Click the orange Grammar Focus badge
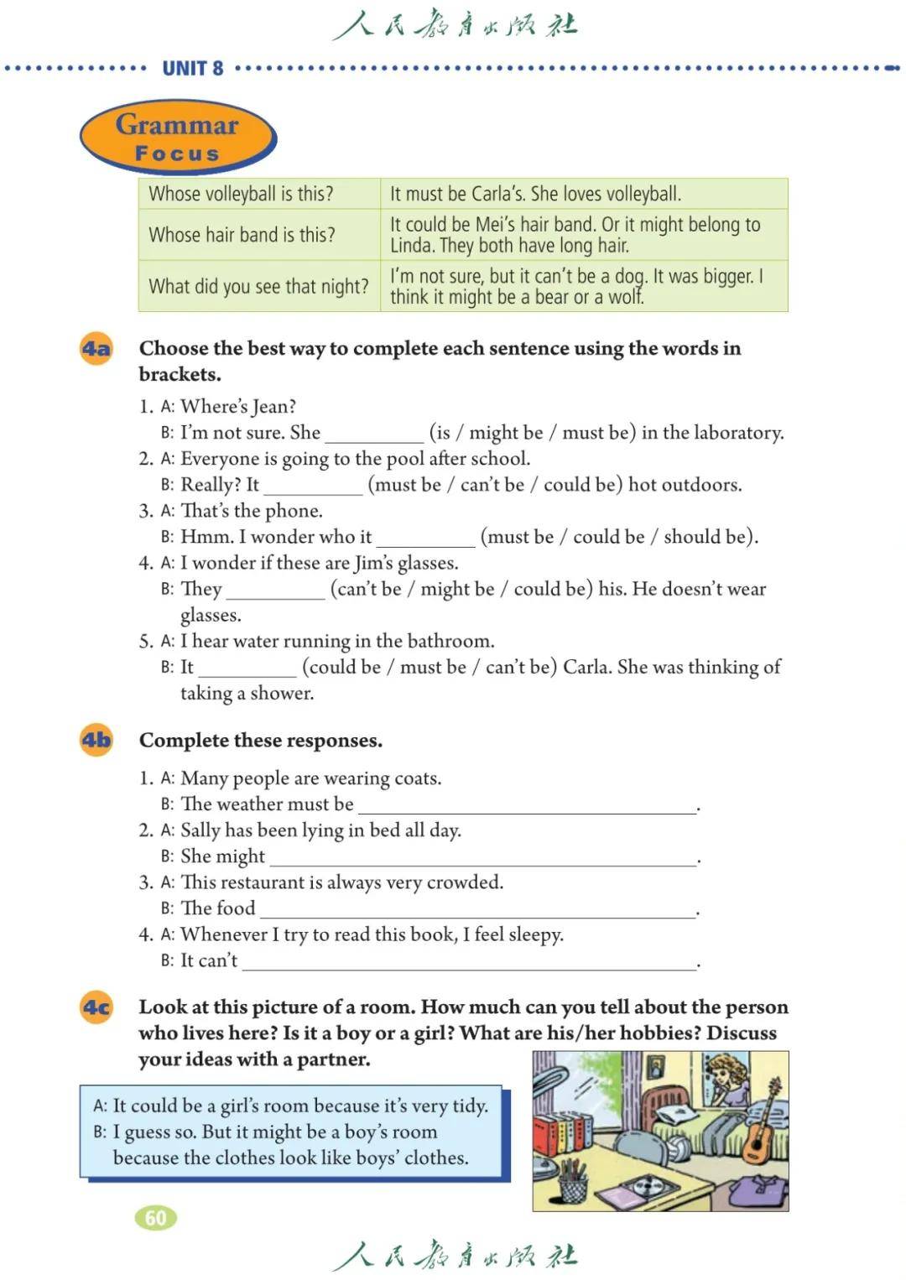pos(177,138)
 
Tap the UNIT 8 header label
pos(193,68)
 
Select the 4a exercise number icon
pos(96,348)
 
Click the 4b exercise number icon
pos(96,740)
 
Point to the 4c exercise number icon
pos(96,1007)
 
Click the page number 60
pos(156,1218)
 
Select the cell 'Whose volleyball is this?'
pos(242,194)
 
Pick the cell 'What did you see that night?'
pos(258,287)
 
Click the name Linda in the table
pos(411,246)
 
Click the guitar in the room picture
pos(761,1124)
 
